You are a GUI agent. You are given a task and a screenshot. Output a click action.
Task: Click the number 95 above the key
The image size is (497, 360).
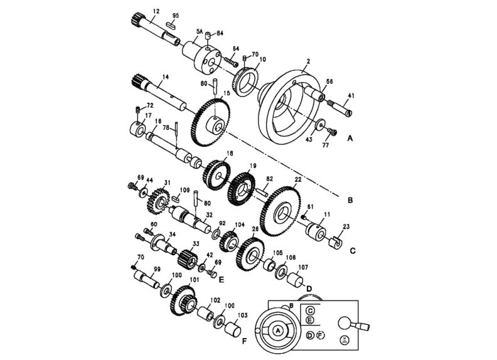pyautogui.click(x=175, y=15)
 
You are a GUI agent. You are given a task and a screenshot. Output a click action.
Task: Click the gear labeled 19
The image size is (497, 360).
pyautogui.click(x=242, y=186)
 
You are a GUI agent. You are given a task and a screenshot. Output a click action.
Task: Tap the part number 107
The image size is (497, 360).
pyautogui.click(x=302, y=266)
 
